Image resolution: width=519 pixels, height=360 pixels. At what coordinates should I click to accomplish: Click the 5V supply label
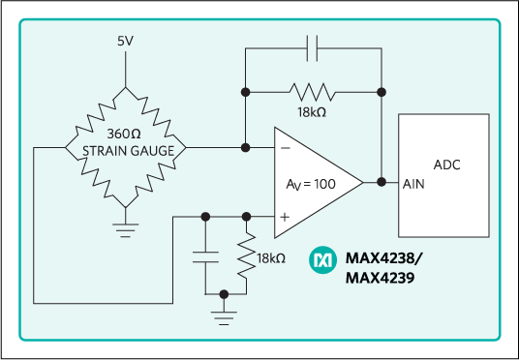[x=124, y=43]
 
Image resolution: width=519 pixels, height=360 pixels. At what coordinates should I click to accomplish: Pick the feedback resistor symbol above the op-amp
[x=312, y=92]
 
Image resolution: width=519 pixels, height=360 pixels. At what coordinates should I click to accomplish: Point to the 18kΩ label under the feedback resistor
[x=313, y=113]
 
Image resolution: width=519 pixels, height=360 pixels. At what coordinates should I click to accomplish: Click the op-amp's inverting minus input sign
[x=286, y=148]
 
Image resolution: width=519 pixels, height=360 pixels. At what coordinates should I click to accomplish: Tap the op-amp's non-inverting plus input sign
[x=286, y=218]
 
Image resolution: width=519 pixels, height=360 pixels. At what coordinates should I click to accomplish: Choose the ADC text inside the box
[x=446, y=165]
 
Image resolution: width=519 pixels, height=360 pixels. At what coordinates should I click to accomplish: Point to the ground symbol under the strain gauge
[x=124, y=228]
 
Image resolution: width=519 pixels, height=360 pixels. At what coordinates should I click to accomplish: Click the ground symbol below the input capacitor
[x=224, y=311]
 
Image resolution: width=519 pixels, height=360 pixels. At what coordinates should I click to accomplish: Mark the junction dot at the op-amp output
[x=382, y=182]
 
